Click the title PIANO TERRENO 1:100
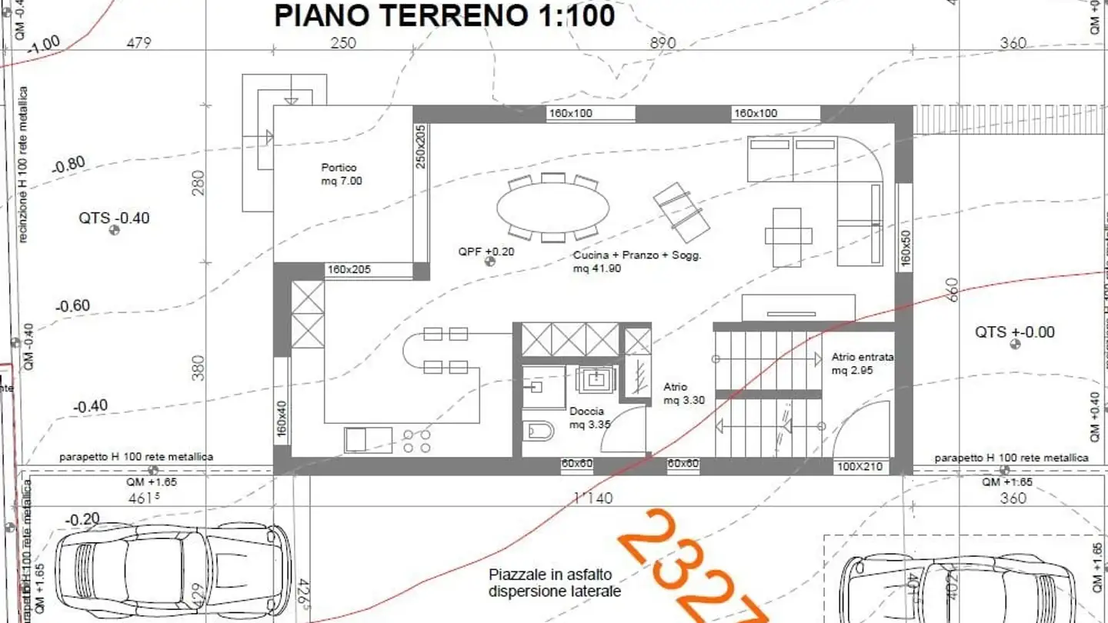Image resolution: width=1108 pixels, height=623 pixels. [x=444, y=15]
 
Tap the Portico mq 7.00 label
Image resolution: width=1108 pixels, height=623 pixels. [x=341, y=175]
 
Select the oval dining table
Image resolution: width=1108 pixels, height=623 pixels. [x=552, y=206]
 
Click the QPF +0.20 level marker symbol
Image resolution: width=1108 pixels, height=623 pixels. [x=489, y=262]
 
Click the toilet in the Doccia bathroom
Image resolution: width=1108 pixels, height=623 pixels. [x=539, y=431]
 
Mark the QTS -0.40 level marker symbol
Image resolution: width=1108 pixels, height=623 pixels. [x=115, y=230]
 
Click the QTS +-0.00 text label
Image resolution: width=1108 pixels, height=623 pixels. [x=1014, y=332]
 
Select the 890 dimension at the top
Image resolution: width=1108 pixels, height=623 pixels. [x=662, y=43]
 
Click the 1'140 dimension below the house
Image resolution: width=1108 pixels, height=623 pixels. [x=593, y=498]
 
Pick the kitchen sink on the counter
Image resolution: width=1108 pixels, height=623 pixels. [x=358, y=440]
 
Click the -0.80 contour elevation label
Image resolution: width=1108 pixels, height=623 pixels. [x=68, y=164]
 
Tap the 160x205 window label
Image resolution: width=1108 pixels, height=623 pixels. [x=348, y=270]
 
